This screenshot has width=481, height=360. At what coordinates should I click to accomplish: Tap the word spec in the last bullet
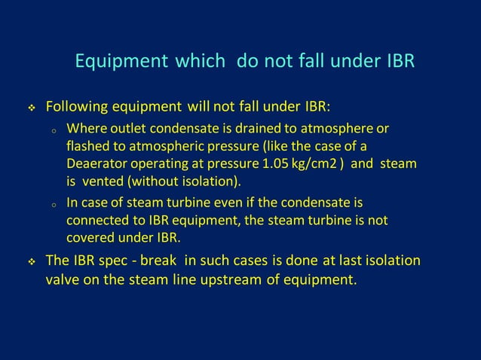coord(123,262)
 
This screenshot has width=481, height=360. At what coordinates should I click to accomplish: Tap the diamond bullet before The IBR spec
coord(32,262)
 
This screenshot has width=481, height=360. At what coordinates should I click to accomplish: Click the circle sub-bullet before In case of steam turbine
coord(54,203)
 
